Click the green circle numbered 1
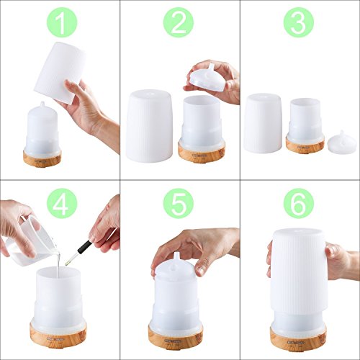pyautogui.click(x=62, y=22)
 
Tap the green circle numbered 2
pyautogui.click(x=179, y=22)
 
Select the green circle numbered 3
pyautogui.click(x=299, y=22)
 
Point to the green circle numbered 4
pyautogui.click(x=62, y=203)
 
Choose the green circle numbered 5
pyautogui.click(x=179, y=203)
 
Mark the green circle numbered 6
pyautogui.click(x=299, y=203)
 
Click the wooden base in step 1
pyautogui.click(x=42, y=159)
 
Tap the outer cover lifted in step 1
pyautogui.click(x=60, y=72)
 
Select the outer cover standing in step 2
pyautogui.click(x=149, y=126)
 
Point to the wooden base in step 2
pyautogui.click(x=202, y=152)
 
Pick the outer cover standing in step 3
pyautogui.click(x=263, y=123)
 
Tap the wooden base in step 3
pyautogui.click(x=305, y=145)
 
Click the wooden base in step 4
pyautogui.click(x=58, y=336)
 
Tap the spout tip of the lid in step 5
pyautogui.click(x=176, y=254)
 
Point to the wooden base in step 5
pyautogui.click(x=176, y=338)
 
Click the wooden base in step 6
pyautogui.click(x=298, y=339)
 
